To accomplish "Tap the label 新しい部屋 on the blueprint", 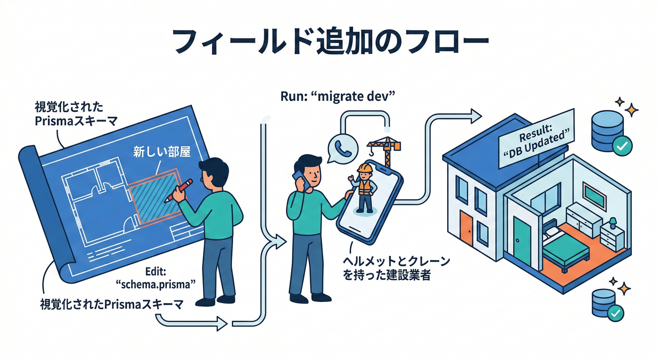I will coord(161,152).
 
